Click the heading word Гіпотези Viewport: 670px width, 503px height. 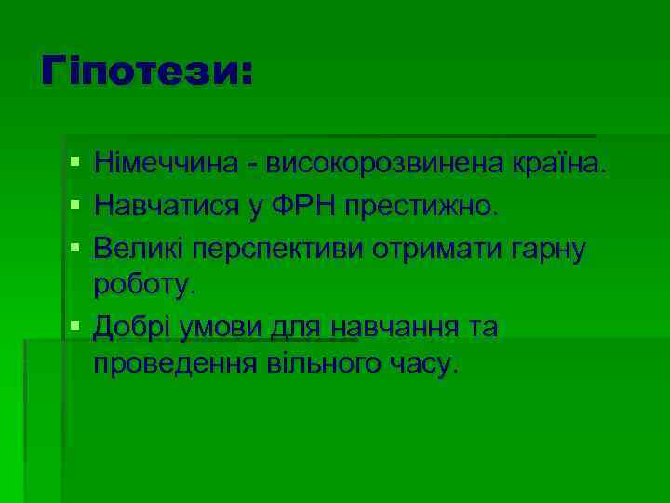point(145,72)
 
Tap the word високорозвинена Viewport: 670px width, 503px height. point(384,166)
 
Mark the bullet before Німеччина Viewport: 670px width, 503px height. point(74,166)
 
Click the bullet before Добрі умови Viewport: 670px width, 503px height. point(74,326)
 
